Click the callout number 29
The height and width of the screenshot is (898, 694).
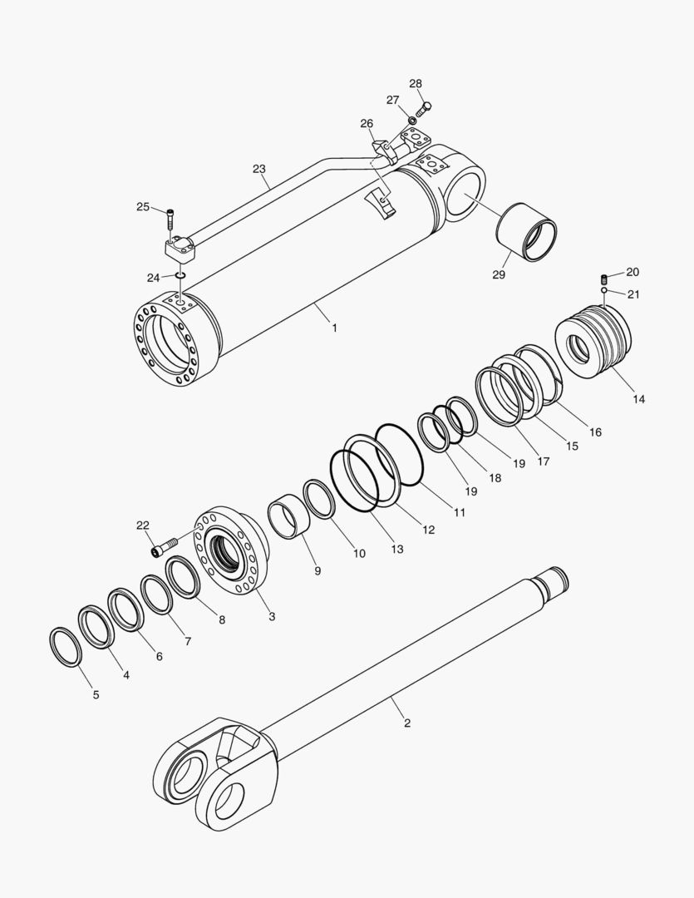coord(498,275)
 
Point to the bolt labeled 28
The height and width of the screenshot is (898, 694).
coord(421,107)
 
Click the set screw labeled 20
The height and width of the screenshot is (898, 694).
coord(606,278)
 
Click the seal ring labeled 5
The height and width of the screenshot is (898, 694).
coord(66,647)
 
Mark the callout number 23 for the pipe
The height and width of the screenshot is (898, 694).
coord(259,169)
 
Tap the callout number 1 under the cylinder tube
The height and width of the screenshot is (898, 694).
coord(334,328)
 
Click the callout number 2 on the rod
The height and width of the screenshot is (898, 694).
coord(407,723)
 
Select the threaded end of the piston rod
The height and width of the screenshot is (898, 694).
coord(552,577)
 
